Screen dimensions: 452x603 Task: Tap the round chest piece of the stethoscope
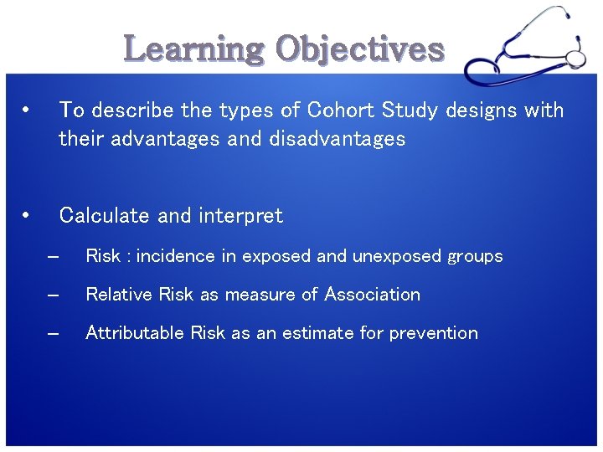coord(575,58)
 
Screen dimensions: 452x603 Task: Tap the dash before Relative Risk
coord(54,295)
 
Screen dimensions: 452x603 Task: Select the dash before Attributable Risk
coord(54,333)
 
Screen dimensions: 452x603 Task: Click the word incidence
coord(176,256)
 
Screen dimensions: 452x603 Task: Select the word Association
coord(373,295)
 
